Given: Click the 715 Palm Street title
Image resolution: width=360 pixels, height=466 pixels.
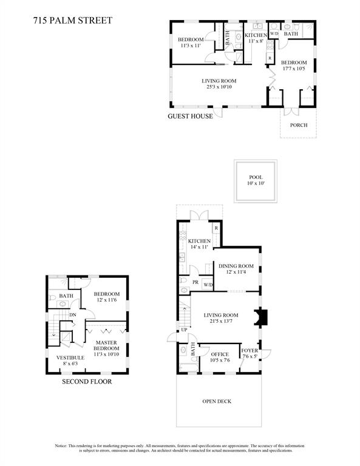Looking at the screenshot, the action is click(73, 21).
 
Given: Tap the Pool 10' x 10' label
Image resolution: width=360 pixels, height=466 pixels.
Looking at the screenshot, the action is click(256, 180).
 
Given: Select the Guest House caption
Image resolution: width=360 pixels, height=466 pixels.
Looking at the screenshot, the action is click(190, 116).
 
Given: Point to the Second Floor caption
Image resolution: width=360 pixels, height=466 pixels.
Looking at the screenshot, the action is click(87, 382).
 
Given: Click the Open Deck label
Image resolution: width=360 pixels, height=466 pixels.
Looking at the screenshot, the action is click(217, 401).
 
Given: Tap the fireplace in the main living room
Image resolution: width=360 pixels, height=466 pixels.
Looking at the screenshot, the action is click(261, 317).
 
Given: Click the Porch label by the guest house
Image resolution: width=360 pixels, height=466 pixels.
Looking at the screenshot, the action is click(299, 125).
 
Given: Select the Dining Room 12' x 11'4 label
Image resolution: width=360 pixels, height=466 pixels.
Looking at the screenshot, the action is click(236, 269).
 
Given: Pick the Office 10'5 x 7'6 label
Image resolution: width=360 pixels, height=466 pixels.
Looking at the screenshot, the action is click(220, 357).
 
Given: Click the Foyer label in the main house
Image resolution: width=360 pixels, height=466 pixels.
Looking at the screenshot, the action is click(250, 351).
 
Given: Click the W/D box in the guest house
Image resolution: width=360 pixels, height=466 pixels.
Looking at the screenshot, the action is click(274, 34).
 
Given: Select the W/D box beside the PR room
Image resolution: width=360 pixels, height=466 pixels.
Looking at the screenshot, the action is click(208, 285).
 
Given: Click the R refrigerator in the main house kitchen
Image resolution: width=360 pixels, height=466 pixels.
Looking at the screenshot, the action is click(216, 228).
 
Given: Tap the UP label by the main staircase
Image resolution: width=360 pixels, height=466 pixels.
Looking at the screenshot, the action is click(185, 330).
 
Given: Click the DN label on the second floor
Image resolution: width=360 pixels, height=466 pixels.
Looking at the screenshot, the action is click(72, 315).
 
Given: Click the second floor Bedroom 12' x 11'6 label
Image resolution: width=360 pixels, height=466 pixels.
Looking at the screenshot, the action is click(107, 297).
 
